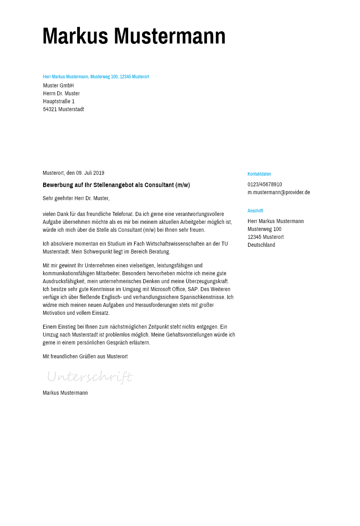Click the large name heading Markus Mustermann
[134, 36]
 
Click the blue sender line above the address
[96, 77]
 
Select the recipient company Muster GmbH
[58, 86]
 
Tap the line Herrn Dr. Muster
[61, 94]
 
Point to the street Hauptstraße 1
[59, 102]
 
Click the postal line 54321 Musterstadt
[63, 110]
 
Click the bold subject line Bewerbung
[116, 185]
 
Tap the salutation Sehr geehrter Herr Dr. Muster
[76, 198]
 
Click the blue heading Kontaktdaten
[259, 174]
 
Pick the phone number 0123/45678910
[265, 185]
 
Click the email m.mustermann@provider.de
[279, 193]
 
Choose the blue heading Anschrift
[255, 211]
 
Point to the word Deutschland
[261, 245]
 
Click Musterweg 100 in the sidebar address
[264, 229]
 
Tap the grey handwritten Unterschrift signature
[89, 377]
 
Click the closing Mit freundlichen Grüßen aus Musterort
[85, 357]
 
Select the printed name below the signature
[65, 393]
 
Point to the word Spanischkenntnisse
[203, 297]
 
